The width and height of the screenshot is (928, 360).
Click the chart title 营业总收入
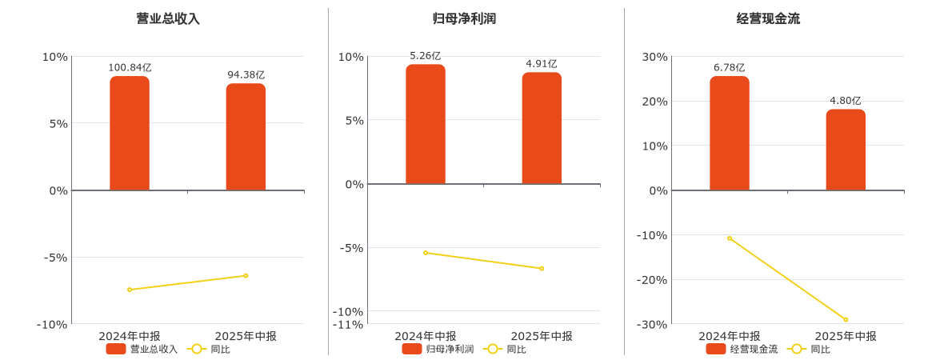[168, 18]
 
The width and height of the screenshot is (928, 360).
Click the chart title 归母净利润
[464, 18]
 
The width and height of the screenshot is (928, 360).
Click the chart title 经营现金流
[768, 18]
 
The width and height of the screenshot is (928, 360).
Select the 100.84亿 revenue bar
[130, 134]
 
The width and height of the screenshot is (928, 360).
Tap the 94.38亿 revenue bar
[246, 137]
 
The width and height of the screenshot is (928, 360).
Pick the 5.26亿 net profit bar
[426, 124]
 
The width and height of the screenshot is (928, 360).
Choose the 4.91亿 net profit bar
[542, 128]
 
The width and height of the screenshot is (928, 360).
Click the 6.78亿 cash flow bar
[730, 134]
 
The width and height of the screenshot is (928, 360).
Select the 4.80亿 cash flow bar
[846, 150]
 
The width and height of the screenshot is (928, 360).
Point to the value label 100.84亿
[130, 68]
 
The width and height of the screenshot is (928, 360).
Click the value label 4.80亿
[846, 101]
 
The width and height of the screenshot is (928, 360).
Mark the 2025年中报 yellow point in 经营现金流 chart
[846, 320]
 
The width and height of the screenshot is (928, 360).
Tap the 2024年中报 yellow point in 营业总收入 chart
[130, 290]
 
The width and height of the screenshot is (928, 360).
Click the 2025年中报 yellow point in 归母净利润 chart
[542, 268]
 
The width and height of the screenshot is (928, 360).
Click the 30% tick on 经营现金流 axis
[654, 57]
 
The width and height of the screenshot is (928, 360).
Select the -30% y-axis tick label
[651, 324]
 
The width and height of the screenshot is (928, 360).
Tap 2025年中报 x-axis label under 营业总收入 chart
[246, 336]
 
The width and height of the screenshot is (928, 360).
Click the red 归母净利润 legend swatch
[412, 349]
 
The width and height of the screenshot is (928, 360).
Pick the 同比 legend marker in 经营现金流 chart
[796, 349]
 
